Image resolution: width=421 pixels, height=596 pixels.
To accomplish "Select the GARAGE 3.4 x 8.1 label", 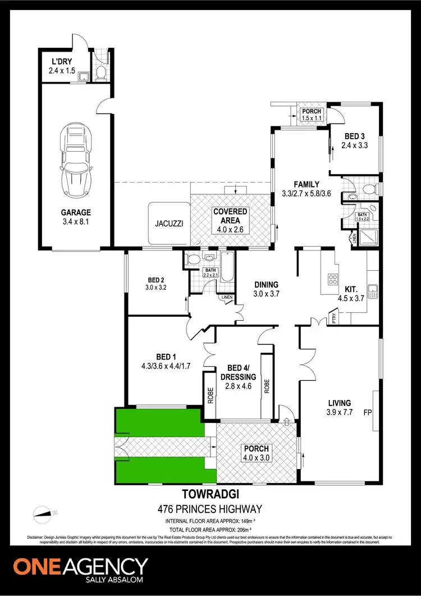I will point(76,217).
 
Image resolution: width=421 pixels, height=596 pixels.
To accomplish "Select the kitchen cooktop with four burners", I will point(332,280).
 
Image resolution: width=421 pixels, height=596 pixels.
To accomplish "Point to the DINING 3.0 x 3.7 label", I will point(266,289).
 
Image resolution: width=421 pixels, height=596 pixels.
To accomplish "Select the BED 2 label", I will point(155,284).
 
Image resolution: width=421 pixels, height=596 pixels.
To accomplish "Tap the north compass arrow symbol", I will point(44,512).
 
